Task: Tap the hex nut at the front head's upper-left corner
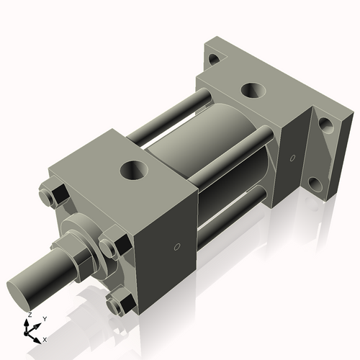53,197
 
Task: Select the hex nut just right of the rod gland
109,247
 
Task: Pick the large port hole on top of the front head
135,171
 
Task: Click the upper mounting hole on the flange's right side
327,125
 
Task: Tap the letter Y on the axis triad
44,318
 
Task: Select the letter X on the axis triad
45,338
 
